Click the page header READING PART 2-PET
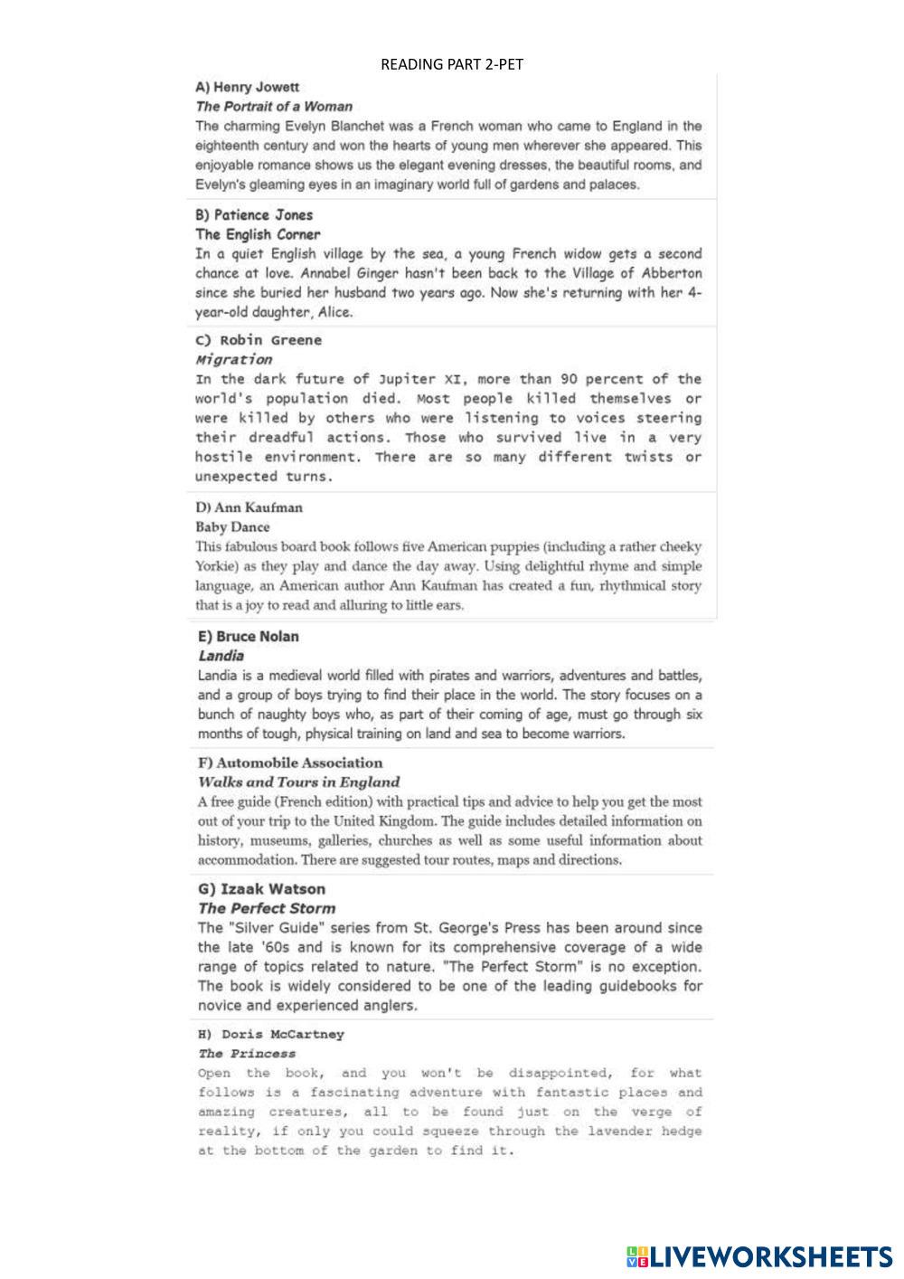coord(452,64)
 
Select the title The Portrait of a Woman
coord(274,107)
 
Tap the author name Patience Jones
coord(263,215)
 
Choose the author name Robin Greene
coord(270,341)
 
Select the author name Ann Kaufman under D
coord(259,508)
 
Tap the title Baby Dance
coord(232,527)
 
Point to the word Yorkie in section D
coord(215,567)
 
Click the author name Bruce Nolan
coord(257,637)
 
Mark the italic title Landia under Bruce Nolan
coord(221,656)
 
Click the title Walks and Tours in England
coord(298,782)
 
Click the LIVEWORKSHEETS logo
coord(759,1255)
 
